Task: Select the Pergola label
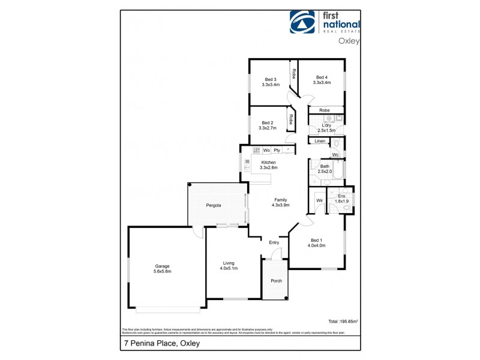coord(213,205)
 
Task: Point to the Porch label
coord(277,281)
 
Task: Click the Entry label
coord(274,242)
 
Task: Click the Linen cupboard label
coord(319,141)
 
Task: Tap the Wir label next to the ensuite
coord(320,200)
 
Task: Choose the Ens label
coord(341,196)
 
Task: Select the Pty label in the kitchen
coord(277,149)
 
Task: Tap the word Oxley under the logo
coord(349,41)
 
